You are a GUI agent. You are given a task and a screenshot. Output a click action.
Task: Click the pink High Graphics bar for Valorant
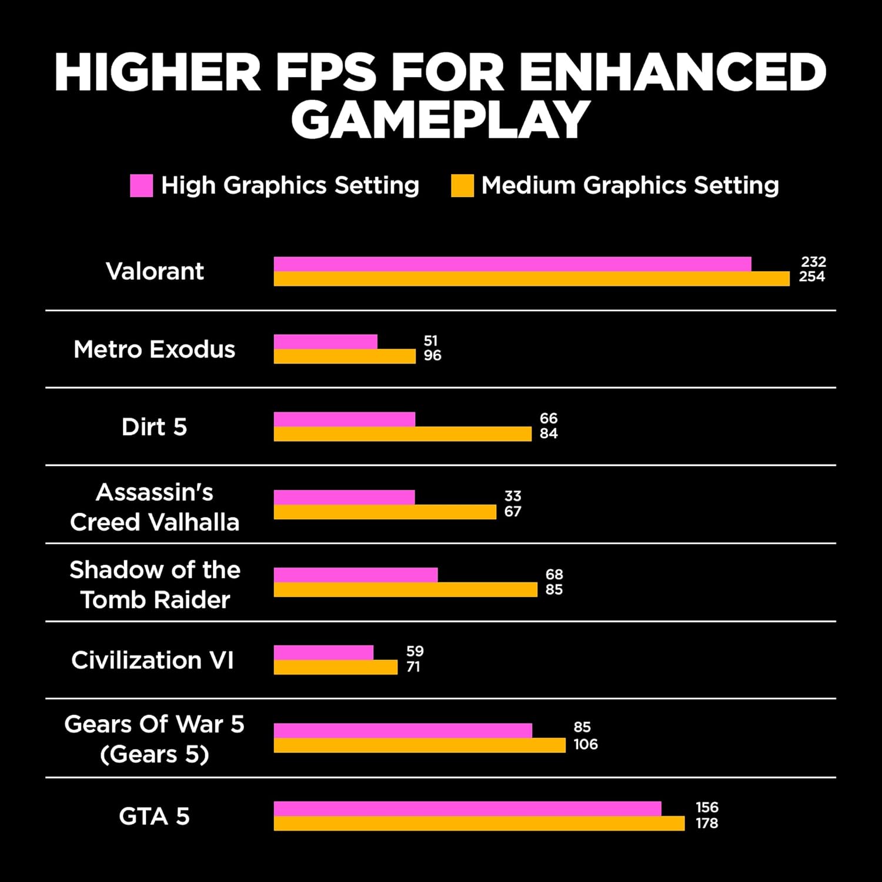click(x=512, y=264)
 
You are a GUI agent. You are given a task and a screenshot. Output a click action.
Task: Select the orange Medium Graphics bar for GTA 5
click(x=479, y=823)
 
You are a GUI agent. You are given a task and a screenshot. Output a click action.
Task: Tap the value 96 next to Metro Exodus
click(x=432, y=356)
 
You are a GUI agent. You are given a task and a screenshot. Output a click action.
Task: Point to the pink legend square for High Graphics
click(x=141, y=185)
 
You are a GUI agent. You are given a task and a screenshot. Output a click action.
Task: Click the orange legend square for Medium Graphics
click(x=462, y=185)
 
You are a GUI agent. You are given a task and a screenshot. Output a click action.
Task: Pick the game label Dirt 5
click(x=154, y=427)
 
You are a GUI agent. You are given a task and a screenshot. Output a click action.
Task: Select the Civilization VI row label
click(x=153, y=660)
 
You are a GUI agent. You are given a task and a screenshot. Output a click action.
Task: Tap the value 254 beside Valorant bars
click(x=811, y=277)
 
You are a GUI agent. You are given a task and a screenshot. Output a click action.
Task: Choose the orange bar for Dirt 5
click(x=402, y=434)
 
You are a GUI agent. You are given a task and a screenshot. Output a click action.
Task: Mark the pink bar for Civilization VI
click(x=323, y=653)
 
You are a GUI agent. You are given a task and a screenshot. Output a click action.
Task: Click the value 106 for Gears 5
click(x=585, y=744)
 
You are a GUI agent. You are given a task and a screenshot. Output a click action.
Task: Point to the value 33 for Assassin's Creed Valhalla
click(x=513, y=496)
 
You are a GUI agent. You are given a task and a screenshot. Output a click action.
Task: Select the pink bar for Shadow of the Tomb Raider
click(x=356, y=574)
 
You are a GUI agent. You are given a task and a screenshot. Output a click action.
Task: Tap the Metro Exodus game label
click(x=154, y=349)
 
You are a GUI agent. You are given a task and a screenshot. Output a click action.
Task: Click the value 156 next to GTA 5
click(x=707, y=807)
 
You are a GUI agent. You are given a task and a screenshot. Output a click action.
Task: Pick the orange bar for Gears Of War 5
click(x=419, y=746)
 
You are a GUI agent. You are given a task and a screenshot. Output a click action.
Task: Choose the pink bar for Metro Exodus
click(x=325, y=342)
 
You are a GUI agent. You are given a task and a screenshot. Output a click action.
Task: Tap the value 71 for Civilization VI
click(x=413, y=667)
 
